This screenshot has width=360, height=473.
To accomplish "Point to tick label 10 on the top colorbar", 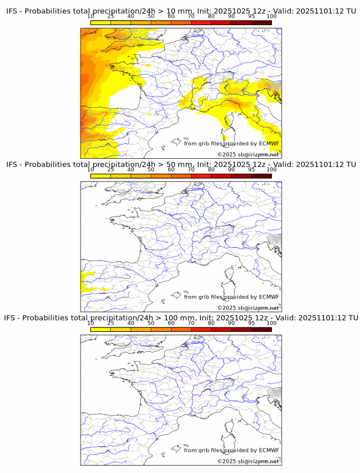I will [91, 17].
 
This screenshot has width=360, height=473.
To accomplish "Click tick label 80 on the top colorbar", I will [211, 17].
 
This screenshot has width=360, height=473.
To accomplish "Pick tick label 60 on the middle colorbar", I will [171, 170].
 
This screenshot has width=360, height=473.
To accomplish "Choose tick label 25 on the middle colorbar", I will [111, 170].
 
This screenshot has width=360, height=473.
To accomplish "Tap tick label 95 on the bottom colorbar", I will [251, 323].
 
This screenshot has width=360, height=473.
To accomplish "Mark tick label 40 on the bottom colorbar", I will [131, 323].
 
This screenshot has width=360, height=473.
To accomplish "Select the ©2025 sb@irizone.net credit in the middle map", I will [248, 308].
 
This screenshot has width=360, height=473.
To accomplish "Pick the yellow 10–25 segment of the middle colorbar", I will [101, 176].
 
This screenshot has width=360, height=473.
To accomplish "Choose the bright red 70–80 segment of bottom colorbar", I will [201, 329].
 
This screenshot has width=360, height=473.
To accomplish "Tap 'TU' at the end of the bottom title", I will [352, 318].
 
